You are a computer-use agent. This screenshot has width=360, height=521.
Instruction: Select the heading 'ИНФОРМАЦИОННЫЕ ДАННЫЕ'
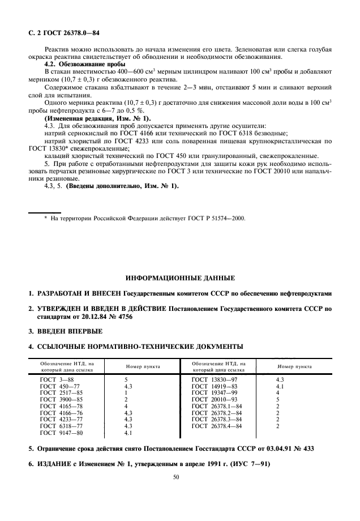pyautogui.click(x=179, y=278)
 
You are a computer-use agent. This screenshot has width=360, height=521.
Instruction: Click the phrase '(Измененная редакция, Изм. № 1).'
pyautogui.click(x=97, y=119)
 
